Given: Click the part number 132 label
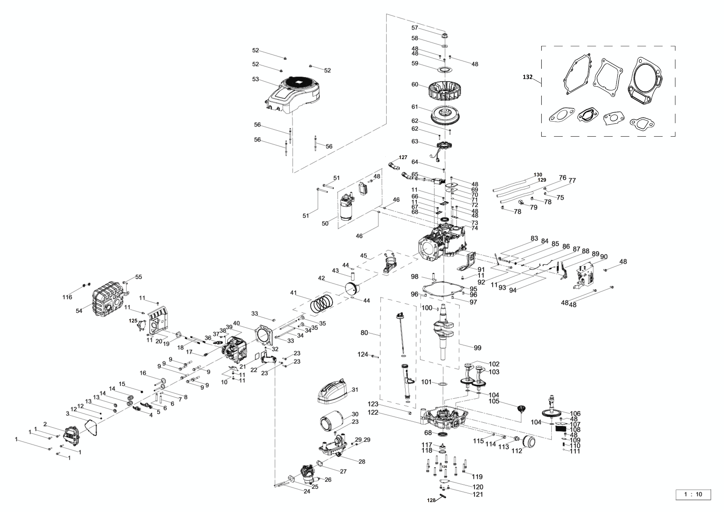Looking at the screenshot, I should click(528, 77).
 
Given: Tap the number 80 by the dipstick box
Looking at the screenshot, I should click(364, 333).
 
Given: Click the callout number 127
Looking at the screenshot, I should click(403, 157).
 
